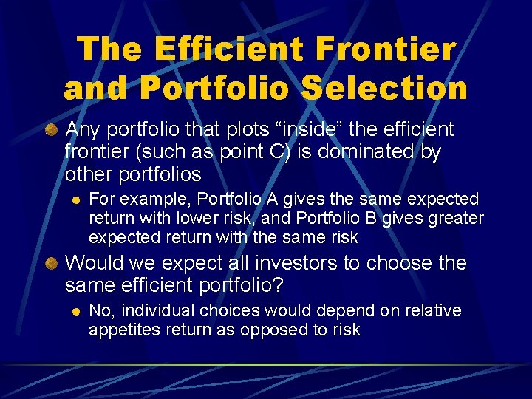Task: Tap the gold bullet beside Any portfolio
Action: [51, 131]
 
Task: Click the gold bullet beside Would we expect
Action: [51, 264]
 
